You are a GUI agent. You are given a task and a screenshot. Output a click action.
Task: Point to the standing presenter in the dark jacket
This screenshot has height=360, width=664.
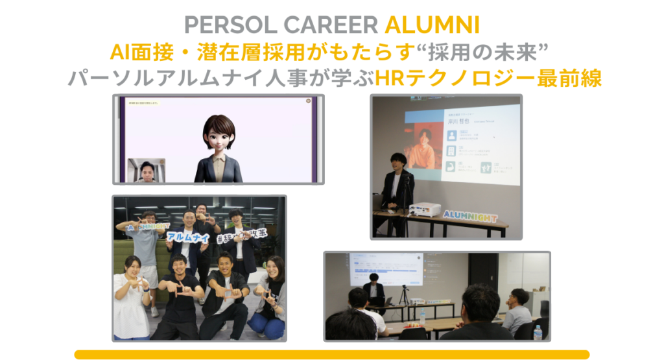[396, 188]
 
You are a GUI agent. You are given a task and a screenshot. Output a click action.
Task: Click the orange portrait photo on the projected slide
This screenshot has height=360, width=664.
[424, 147]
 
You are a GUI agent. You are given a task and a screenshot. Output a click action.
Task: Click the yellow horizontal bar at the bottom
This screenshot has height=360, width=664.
[331, 354]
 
